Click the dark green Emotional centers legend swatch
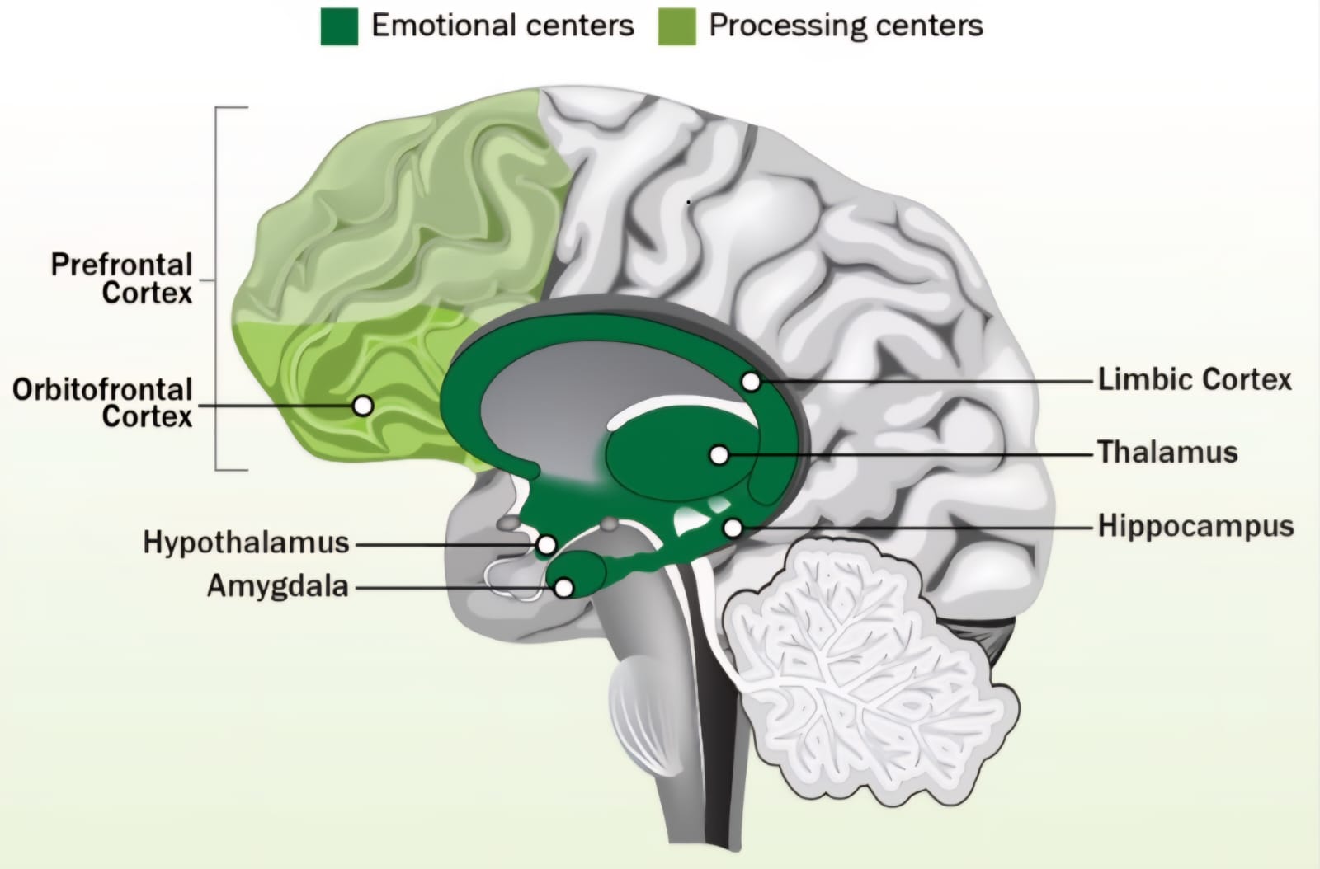point(339,26)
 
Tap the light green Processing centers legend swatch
point(676,26)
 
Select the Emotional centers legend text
point(502,26)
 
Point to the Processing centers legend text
point(846,26)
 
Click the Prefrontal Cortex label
point(122,279)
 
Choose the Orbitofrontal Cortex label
point(102,402)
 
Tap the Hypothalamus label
point(246,543)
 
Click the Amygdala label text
point(278,586)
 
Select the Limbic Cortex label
point(1194,379)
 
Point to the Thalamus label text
point(1167,452)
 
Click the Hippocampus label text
point(1195,526)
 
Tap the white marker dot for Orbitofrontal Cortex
point(362,406)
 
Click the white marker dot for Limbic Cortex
point(751,382)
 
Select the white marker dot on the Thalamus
point(719,454)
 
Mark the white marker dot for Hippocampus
point(733,528)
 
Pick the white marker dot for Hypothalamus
point(546,544)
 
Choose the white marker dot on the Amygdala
point(564,588)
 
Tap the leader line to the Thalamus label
point(907,454)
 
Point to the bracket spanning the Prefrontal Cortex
point(217,289)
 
